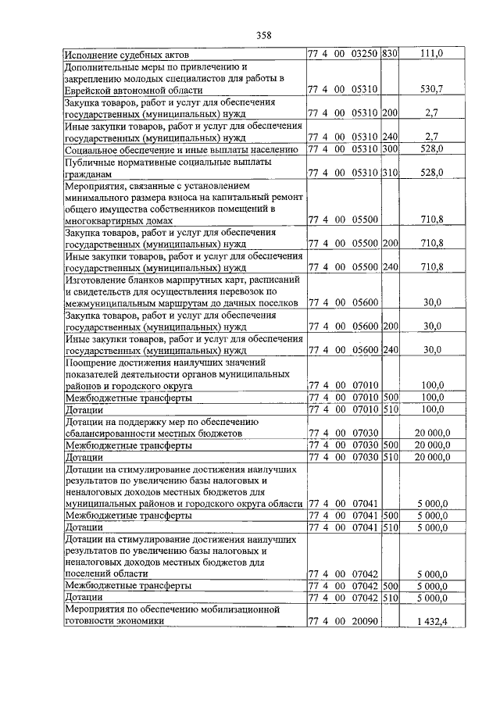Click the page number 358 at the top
point(263,34)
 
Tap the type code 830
point(391,54)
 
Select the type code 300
point(391,148)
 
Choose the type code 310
point(391,172)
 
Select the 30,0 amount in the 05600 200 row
point(432,326)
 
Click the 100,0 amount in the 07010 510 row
point(432,409)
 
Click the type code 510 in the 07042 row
point(391,598)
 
